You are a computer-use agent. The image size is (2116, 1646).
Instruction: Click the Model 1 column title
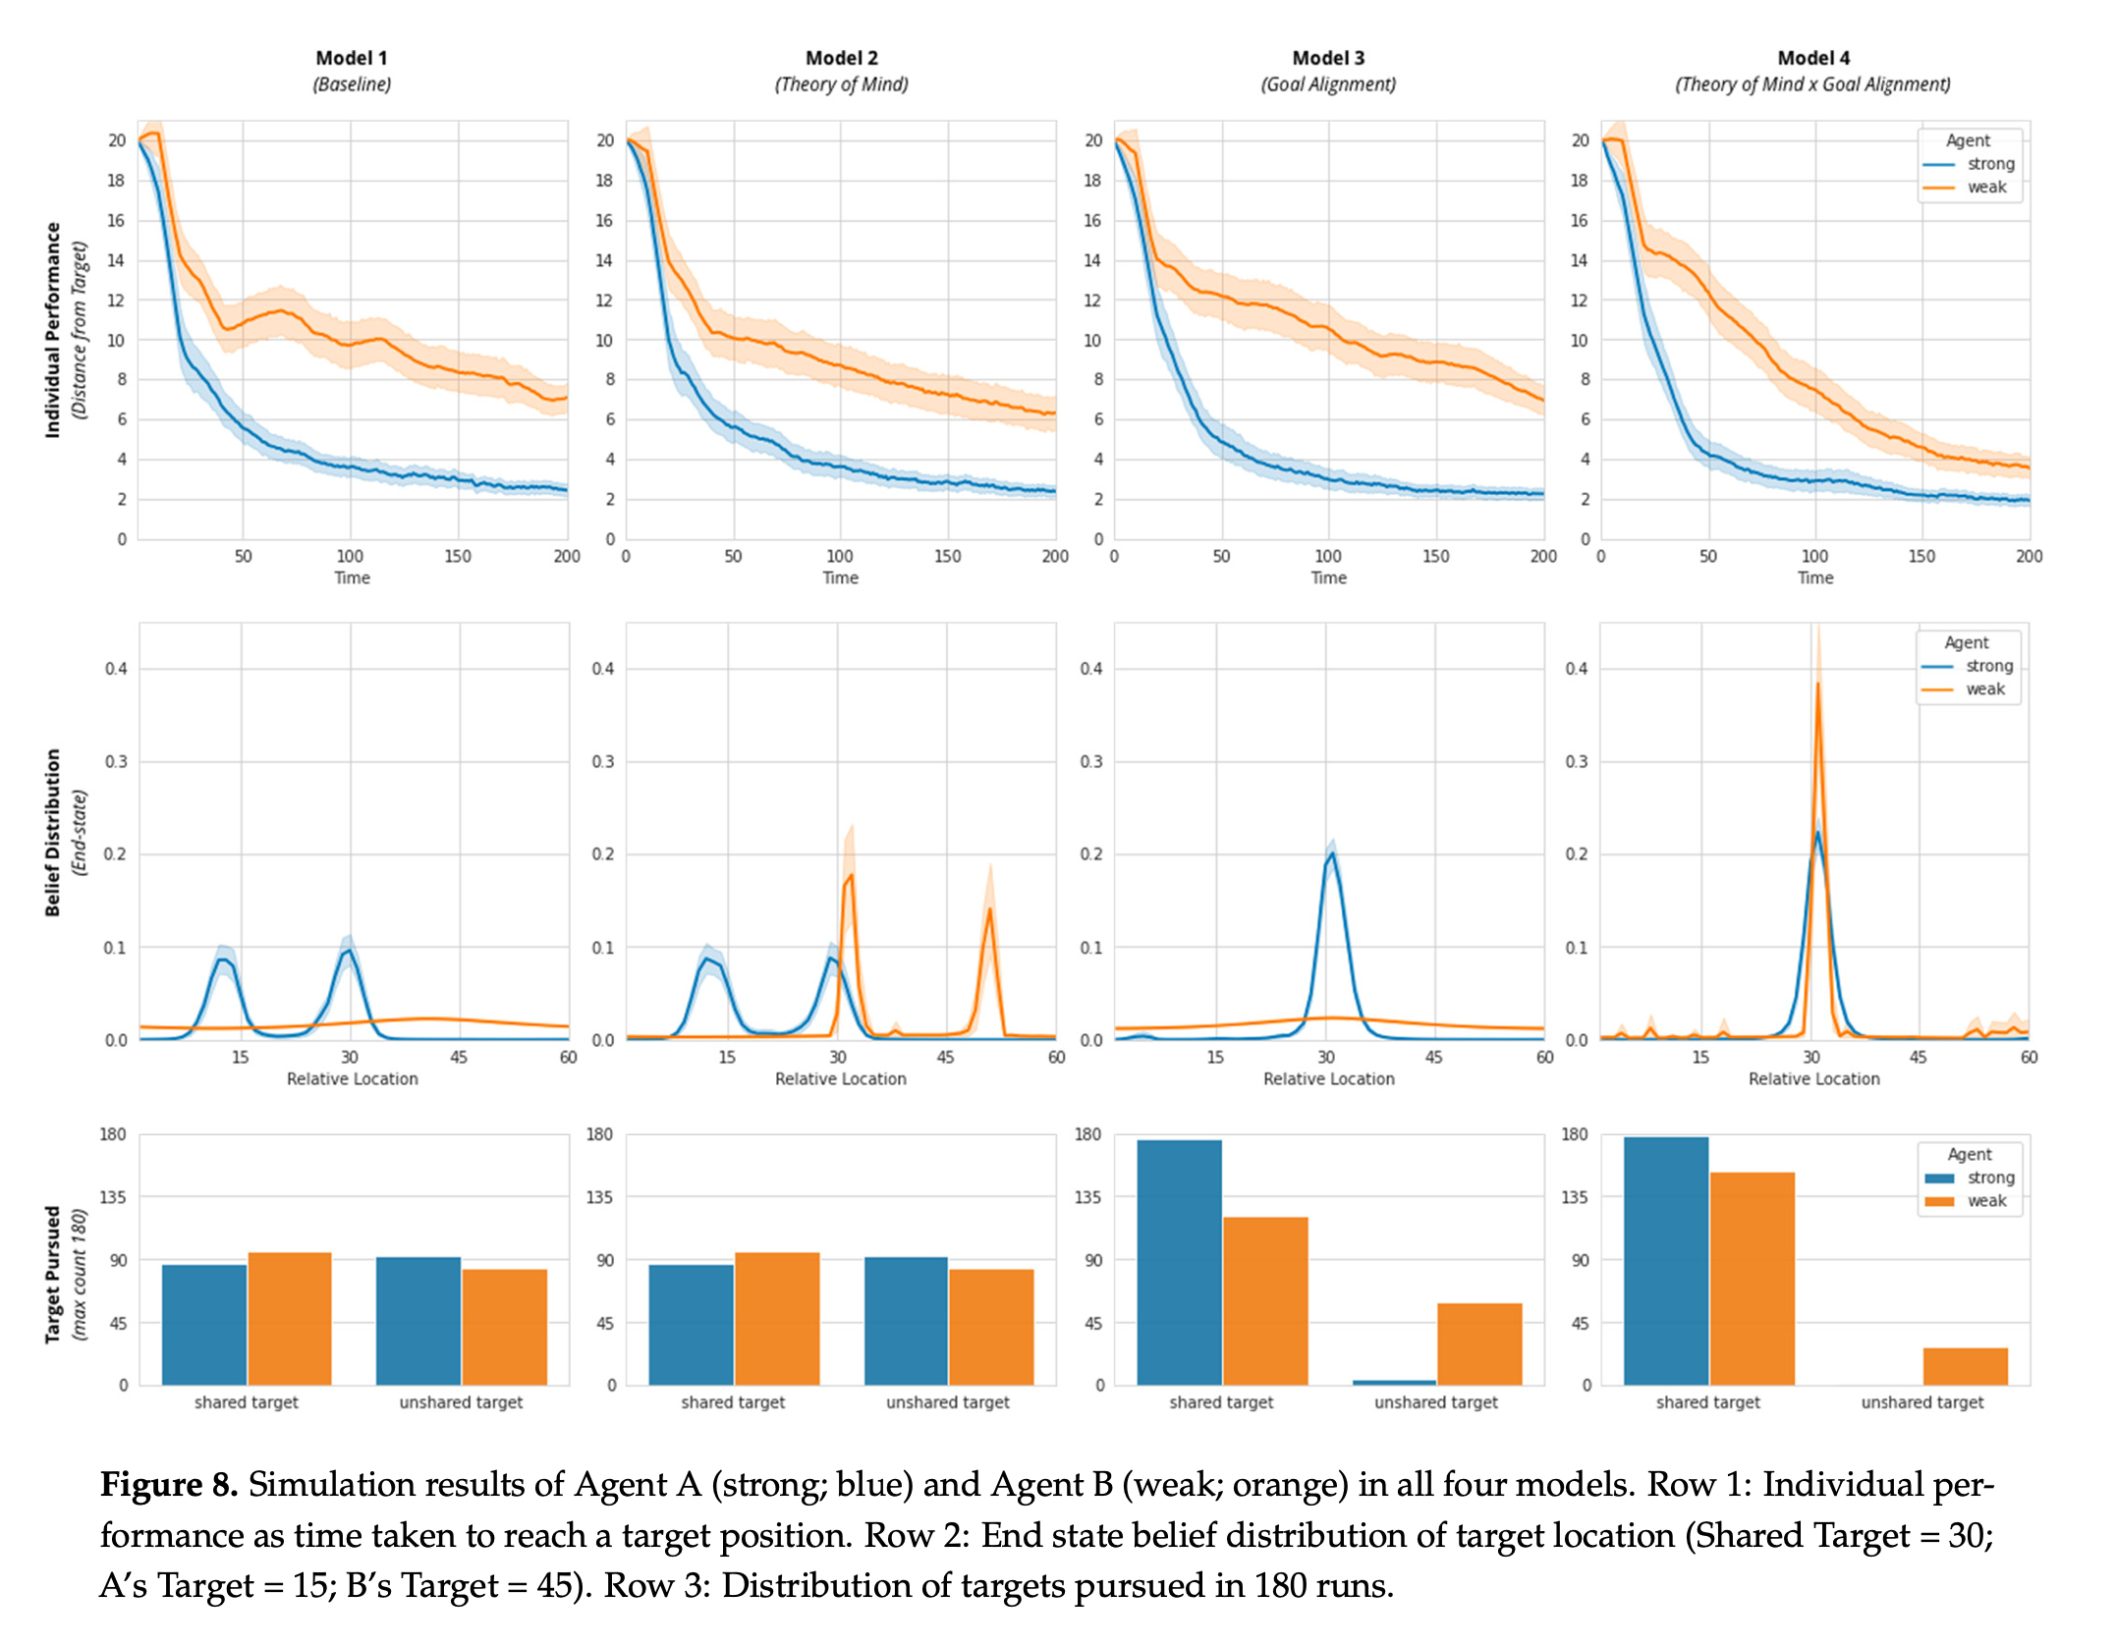[352, 58]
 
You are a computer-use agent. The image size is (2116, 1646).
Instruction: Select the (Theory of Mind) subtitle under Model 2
[841, 84]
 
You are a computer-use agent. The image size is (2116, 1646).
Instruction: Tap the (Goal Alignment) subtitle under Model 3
[1328, 84]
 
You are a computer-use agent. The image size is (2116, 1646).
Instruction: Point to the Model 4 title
[1813, 58]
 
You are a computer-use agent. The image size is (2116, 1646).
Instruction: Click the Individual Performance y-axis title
[53, 330]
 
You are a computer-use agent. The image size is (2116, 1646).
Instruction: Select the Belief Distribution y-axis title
[53, 833]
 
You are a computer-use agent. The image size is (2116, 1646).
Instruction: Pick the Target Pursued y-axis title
[53, 1274]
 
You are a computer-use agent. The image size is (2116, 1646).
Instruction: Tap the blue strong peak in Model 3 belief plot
[1332, 854]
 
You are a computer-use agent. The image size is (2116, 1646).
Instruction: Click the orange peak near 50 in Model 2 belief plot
[990, 911]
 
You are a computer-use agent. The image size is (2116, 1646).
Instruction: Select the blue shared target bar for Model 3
[1179, 1262]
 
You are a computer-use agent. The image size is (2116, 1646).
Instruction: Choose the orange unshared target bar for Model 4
[1965, 1366]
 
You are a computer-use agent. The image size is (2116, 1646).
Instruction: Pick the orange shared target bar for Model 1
[290, 1318]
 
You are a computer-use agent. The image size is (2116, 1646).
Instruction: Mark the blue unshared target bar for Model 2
[906, 1321]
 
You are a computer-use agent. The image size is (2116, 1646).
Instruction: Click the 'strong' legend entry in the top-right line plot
[1989, 164]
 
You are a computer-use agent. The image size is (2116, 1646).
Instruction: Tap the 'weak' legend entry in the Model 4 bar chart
[1985, 1201]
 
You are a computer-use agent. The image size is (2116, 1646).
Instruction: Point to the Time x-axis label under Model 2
[841, 577]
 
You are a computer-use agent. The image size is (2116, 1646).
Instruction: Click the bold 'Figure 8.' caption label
[169, 1484]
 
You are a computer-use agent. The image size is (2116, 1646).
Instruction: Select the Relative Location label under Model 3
[1328, 1078]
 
